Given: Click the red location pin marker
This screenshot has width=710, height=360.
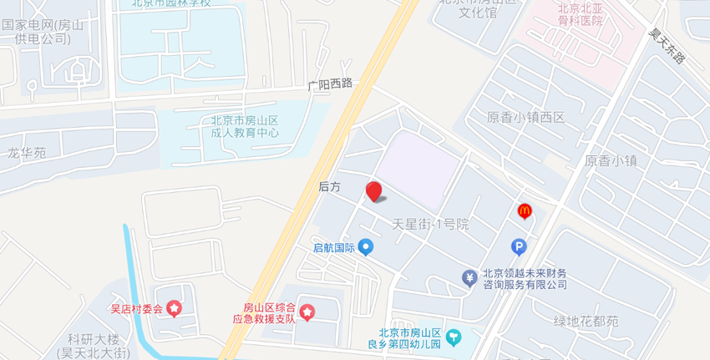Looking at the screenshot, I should pyautogui.click(x=374, y=191).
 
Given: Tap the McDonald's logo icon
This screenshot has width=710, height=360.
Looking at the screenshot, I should pyautogui.click(x=525, y=212).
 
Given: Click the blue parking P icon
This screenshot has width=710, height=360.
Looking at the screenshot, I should pyautogui.click(x=519, y=246).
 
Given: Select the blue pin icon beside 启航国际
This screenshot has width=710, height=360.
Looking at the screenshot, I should pyautogui.click(x=365, y=247).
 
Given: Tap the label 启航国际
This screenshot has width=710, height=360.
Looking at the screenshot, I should pyautogui.click(x=334, y=247).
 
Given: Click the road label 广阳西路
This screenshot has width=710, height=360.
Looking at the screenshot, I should pyautogui.click(x=330, y=84).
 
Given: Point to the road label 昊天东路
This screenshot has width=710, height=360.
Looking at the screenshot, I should pyautogui.click(x=667, y=47).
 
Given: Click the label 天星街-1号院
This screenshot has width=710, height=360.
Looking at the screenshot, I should pyautogui.click(x=431, y=224).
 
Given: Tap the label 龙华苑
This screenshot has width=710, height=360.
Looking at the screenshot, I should pyautogui.click(x=27, y=153).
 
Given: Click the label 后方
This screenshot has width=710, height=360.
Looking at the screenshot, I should pyautogui.click(x=330, y=187).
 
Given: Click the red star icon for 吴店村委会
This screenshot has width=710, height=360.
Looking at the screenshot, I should pyautogui.click(x=174, y=309).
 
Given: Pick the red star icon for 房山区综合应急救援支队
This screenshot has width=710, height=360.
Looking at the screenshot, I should pyautogui.click(x=307, y=312).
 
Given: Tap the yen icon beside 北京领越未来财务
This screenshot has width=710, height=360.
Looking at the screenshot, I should pyautogui.click(x=469, y=277).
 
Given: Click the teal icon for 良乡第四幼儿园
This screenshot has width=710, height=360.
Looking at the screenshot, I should pyautogui.click(x=454, y=337).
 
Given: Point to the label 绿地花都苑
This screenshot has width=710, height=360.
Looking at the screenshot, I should pyautogui.click(x=586, y=321).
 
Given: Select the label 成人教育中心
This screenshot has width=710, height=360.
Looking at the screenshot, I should pyautogui.click(x=245, y=133).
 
